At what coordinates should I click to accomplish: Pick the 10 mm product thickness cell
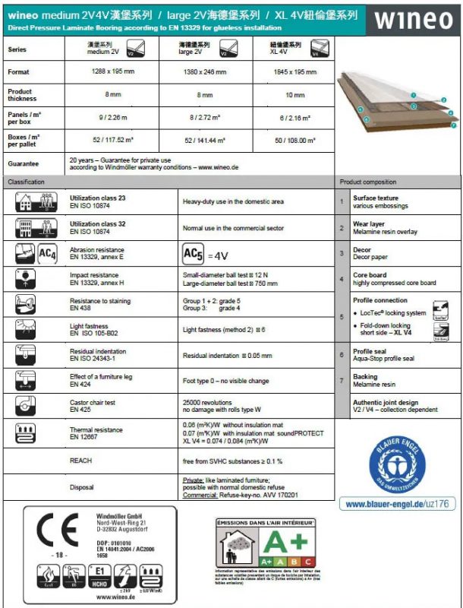coord(294,95)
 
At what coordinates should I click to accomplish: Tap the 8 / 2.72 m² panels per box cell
coord(205,119)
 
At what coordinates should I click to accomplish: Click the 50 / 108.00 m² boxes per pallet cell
coord(294,141)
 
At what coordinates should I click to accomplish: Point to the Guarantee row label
coord(24,163)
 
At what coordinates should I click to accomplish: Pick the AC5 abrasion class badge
coord(194,254)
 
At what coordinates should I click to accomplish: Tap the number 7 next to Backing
coord(342,380)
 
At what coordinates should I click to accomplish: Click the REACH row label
coord(81,461)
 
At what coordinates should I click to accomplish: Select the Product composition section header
coord(369,182)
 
